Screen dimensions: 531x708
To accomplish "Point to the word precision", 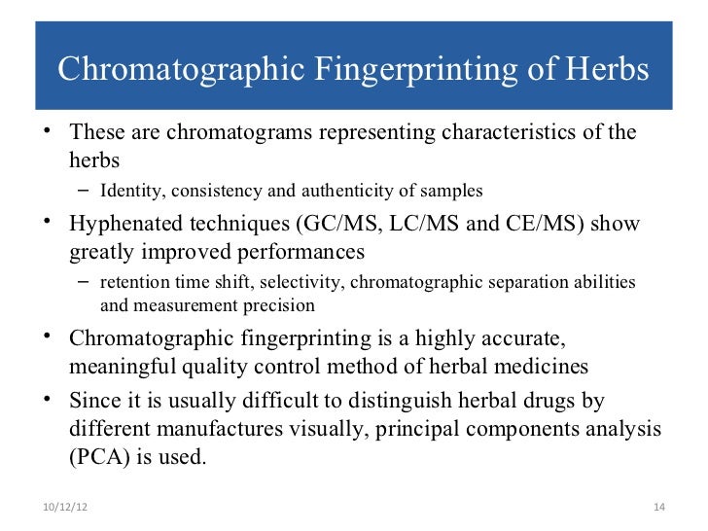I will coord(278,305).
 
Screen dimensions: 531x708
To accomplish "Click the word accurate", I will coord(522,340).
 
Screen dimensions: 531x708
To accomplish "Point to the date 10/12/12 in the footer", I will coord(64,508).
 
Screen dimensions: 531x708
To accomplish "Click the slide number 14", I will coord(657,508).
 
